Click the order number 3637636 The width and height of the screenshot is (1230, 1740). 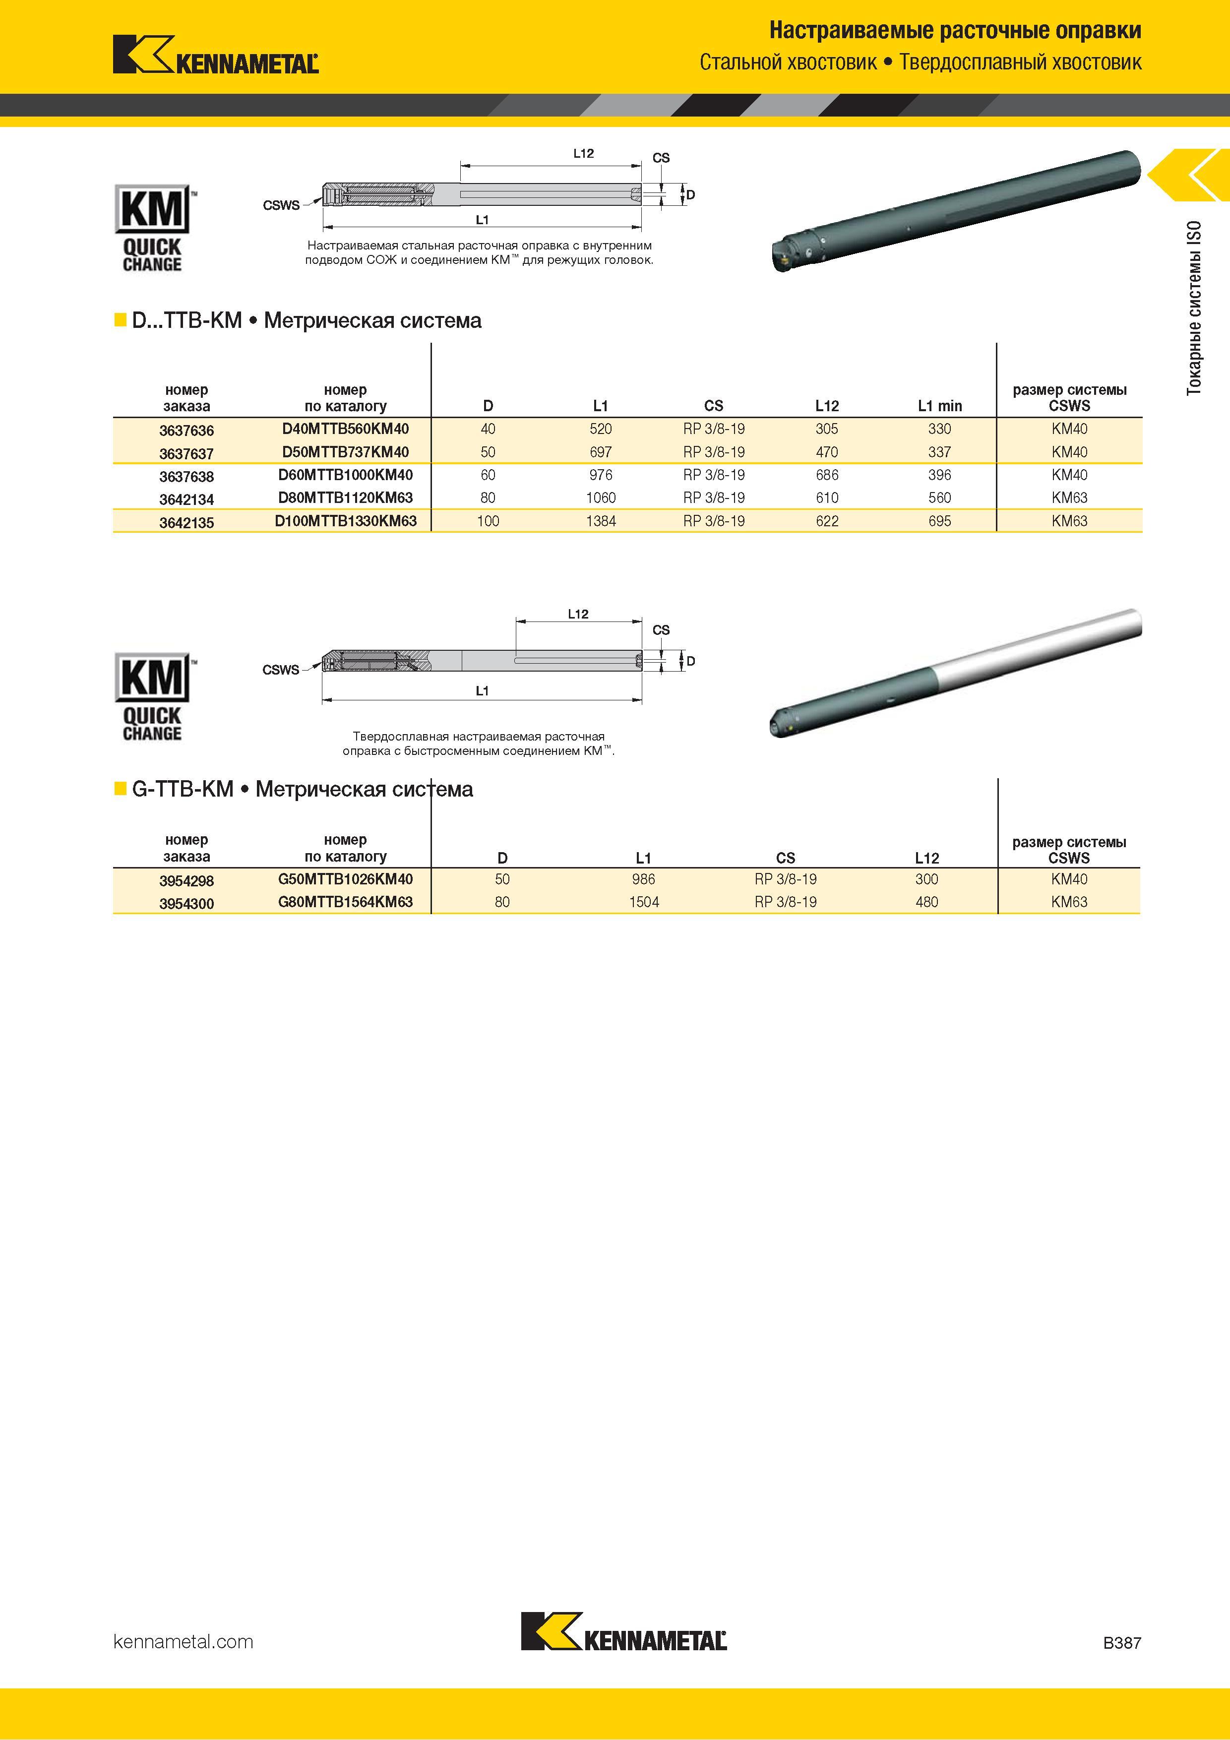186,431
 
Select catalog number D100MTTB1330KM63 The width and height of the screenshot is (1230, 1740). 346,521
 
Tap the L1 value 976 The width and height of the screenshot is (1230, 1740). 600,475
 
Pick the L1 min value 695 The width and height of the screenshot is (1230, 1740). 940,521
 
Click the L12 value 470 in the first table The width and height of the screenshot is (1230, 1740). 827,452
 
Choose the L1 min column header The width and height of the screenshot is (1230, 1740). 940,406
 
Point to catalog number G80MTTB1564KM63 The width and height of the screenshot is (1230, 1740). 346,902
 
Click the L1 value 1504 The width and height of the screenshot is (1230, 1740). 643,902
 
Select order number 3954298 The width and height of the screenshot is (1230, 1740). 186,880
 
